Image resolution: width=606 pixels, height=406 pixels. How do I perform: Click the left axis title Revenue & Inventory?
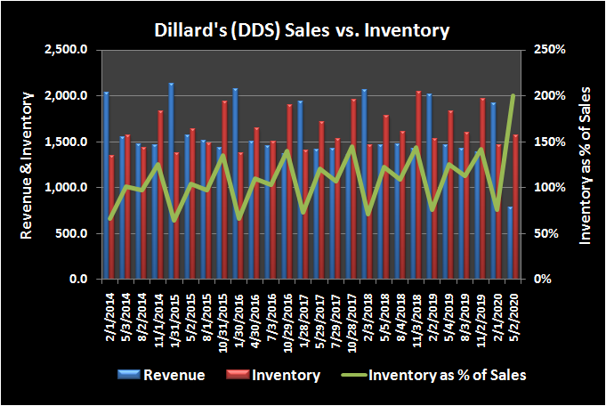coord(28,165)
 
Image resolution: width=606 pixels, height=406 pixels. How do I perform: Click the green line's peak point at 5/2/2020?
coord(513,95)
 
